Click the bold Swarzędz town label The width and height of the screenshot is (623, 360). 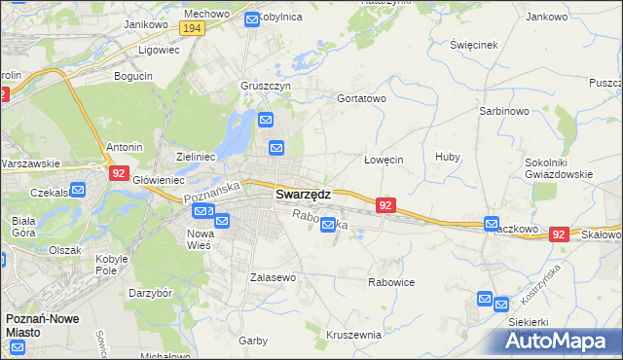(x=303, y=195)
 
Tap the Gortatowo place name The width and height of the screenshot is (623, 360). (x=361, y=98)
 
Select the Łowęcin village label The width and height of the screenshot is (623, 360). (x=384, y=160)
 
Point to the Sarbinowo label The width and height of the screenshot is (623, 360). (x=503, y=111)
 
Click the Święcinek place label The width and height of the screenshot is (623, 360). (x=474, y=45)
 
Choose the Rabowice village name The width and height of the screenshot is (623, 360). (x=391, y=282)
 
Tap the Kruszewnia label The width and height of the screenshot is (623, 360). (x=353, y=335)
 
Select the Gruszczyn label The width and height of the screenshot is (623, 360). (x=267, y=86)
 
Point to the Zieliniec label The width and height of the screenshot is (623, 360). (x=196, y=156)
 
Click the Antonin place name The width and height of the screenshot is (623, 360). (x=124, y=147)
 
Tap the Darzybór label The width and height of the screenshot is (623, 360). (x=150, y=292)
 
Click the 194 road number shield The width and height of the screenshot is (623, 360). (x=192, y=29)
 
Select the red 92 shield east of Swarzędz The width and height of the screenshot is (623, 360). (x=385, y=205)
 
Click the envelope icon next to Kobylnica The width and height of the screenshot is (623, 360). (x=252, y=18)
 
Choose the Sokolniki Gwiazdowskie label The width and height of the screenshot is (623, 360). (x=578, y=167)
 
